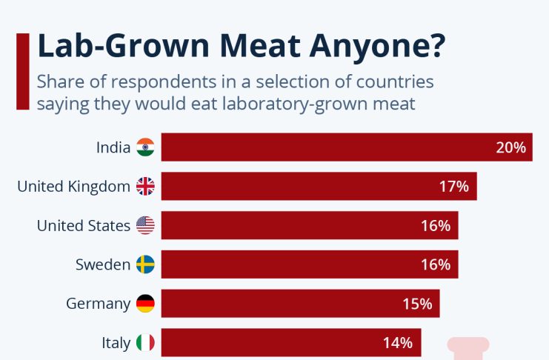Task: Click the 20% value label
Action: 510,147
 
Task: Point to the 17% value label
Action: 454,187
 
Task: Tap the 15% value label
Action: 417,304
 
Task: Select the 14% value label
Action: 398,343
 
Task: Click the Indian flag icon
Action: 145,147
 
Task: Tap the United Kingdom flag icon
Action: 145,187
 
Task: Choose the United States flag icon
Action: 145,226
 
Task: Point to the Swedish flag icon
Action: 145,264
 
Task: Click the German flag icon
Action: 145,304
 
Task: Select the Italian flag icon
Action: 145,343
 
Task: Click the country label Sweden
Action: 103,264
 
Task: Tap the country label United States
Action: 84,226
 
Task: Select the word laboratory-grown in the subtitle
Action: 308,104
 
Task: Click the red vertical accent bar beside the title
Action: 23,71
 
